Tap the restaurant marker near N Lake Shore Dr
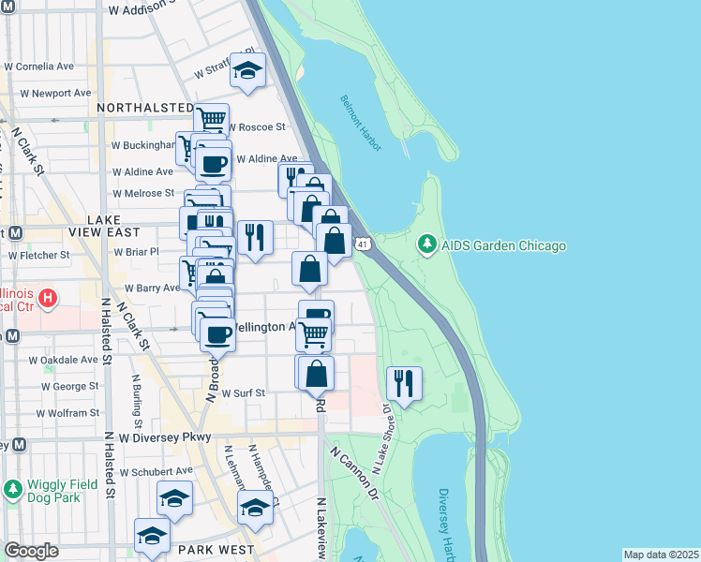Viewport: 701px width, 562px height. tap(404, 382)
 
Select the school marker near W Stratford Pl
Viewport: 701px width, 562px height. tap(248, 69)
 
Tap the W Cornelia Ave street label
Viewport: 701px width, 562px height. tap(39, 67)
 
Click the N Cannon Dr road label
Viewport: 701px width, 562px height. tap(352, 471)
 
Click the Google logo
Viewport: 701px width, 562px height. tap(31, 552)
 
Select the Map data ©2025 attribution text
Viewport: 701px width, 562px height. tap(660, 555)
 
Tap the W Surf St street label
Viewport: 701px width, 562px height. tap(244, 393)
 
